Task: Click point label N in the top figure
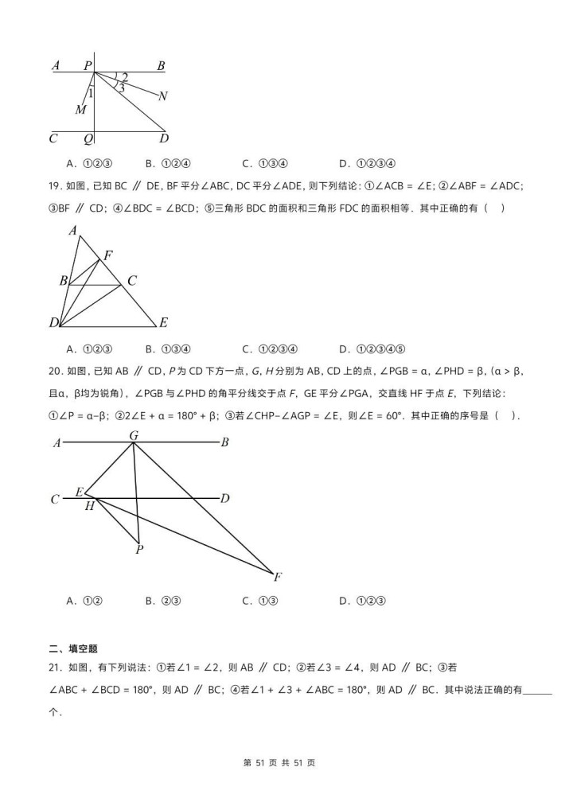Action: click(162, 96)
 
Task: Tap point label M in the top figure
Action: click(80, 110)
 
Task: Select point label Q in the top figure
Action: click(88, 138)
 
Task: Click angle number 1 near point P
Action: click(91, 94)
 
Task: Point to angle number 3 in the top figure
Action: click(121, 88)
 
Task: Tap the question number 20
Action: click(55, 371)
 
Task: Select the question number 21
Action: click(55, 668)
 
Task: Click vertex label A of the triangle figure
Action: click(72, 231)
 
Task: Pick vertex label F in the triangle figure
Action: click(108, 255)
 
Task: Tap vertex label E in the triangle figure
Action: click(163, 322)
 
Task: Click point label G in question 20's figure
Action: click(134, 435)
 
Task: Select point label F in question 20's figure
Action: click(277, 576)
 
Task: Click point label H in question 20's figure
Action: click(89, 506)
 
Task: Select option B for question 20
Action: click(164, 601)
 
